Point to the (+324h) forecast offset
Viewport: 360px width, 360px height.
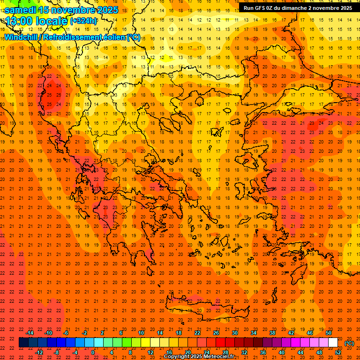point(84,21)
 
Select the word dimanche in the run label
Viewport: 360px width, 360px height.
point(299,8)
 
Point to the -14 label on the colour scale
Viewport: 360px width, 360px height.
point(30,333)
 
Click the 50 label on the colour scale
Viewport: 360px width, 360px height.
point(329,333)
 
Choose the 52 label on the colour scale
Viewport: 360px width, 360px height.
point(338,352)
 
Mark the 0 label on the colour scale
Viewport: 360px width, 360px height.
point(93,352)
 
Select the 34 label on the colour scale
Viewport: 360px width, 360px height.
point(253,333)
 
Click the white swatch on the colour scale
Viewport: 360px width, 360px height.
point(333,343)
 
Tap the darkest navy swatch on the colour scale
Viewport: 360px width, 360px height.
point(23,343)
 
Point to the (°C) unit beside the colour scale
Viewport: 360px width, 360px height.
point(349,343)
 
